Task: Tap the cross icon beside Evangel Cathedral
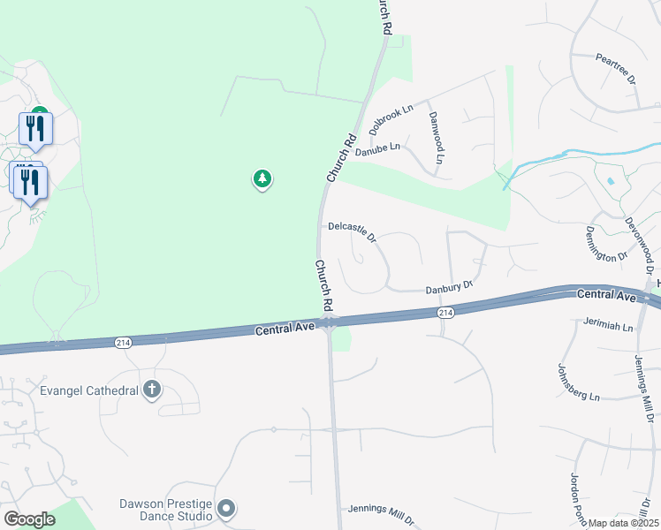pos(152,390)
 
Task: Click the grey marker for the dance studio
pos(226,508)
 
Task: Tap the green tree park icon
pos(262,180)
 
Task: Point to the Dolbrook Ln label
pos(391,119)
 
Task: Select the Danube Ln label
pos(377,149)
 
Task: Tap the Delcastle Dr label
pos(353,231)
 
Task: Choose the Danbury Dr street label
pos(450,287)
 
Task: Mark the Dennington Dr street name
pos(605,244)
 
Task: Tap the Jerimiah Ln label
pos(609,324)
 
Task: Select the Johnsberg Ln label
pos(579,382)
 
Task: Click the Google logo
pos(30,519)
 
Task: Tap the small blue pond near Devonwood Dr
pos(610,182)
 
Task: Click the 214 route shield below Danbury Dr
pos(445,313)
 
